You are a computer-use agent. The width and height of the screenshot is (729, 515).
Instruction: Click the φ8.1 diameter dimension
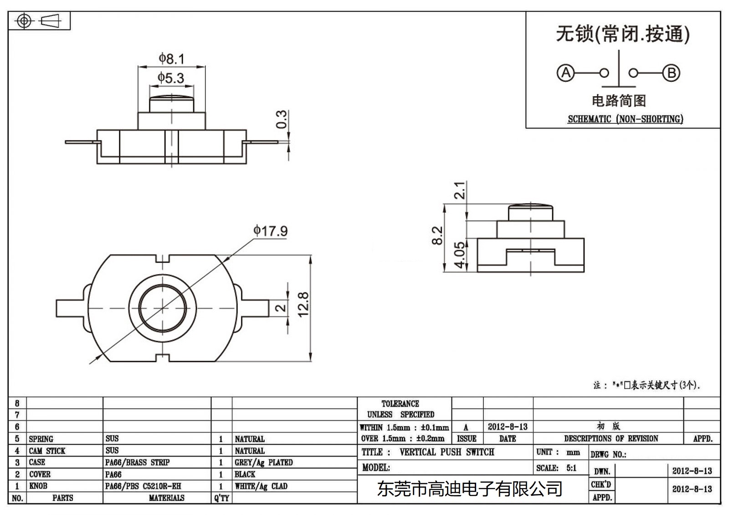click(x=171, y=59)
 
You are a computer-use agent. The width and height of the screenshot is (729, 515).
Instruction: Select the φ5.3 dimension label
click(x=171, y=78)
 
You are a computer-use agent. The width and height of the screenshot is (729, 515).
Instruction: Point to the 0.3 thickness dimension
click(x=282, y=119)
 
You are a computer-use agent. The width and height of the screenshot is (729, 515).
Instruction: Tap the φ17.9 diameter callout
click(x=271, y=231)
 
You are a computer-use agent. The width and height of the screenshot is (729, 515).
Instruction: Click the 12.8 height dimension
click(x=303, y=304)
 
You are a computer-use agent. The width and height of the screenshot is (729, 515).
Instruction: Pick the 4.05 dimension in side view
click(x=460, y=255)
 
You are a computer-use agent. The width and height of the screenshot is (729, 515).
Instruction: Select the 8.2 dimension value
click(x=437, y=235)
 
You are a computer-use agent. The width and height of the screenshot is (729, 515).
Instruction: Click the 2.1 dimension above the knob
click(x=460, y=190)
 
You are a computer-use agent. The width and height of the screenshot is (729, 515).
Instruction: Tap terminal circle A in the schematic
click(x=566, y=73)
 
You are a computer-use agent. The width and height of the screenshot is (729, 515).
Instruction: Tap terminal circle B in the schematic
click(x=671, y=73)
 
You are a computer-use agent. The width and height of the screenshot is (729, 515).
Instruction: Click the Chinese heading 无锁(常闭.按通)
click(x=623, y=34)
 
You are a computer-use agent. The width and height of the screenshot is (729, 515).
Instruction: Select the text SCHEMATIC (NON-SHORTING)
click(x=625, y=119)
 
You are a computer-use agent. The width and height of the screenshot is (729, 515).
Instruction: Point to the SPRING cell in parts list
click(x=41, y=439)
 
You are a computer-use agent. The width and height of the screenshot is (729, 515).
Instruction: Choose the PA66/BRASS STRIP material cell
click(x=138, y=462)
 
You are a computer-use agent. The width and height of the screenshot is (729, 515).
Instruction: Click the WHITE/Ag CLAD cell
click(x=261, y=486)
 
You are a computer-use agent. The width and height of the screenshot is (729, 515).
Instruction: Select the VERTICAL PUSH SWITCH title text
click(x=447, y=452)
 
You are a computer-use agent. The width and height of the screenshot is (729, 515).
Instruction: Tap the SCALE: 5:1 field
click(x=556, y=468)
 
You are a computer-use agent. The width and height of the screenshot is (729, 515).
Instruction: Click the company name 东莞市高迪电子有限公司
click(x=470, y=489)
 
